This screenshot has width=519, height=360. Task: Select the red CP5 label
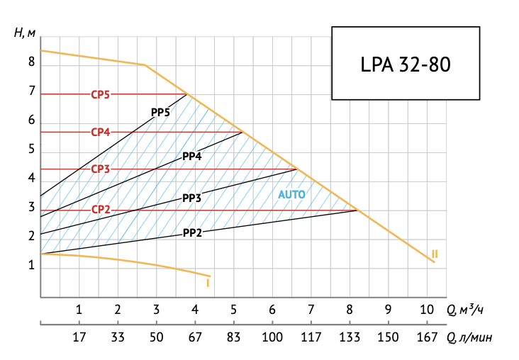pyautogui.click(x=100, y=94)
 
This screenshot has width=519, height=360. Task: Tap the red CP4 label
pyautogui.click(x=100, y=132)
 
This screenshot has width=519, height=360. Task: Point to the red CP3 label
pyautogui.click(x=100, y=169)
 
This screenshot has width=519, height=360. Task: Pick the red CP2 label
pyautogui.click(x=100, y=210)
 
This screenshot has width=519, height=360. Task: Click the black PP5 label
pyautogui.click(x=160, y=113)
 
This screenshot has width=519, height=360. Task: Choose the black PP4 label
pyautogui.click(x=192, y=157)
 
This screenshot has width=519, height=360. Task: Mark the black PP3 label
pyautogui.click(x=192, y=198)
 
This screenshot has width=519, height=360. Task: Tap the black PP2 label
pyautogui.click(x=193, y=232)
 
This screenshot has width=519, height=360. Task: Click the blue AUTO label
pyautogui.click(x=291, y=193)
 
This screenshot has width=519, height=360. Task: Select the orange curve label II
pyautogui.click(x=434, y=254)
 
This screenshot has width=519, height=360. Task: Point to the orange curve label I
pyautogui.click(x=207, y=283)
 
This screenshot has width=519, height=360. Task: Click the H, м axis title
pyautogui.click(x=23, y=33)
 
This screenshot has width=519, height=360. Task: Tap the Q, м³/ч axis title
pyautogui.click(x=467, y=310)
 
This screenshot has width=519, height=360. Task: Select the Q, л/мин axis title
pyautogui.click(x=469, y=339)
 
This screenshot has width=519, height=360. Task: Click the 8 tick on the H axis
pyautogui.click(x=31, y=62)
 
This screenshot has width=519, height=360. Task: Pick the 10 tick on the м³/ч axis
pyautogui.click(x=426, y=310)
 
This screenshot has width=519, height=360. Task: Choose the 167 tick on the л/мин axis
pyautogui.click(x=426, y=339)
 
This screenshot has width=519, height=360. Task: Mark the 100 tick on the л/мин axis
pyautogui.click(x=272, y=339)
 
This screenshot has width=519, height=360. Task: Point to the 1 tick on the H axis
pyautogui.click(x=31, y=266)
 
